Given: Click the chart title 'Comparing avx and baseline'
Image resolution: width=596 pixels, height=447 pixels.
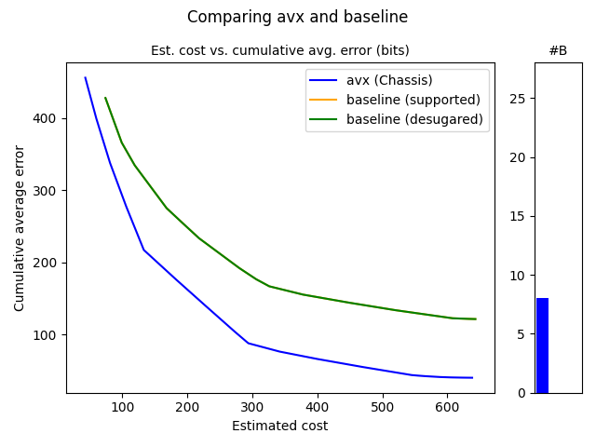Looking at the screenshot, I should [297, 17].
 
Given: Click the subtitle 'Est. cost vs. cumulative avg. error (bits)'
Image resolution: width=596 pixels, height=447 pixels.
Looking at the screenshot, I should [279, 50].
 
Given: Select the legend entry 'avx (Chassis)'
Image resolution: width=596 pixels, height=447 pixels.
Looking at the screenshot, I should [389, 80].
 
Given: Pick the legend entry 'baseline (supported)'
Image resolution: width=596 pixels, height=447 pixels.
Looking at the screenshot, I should [413, 100].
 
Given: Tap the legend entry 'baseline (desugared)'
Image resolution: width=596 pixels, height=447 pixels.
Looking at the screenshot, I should [414, 119].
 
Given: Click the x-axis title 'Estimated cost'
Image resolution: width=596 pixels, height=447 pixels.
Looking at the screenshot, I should [279, 427].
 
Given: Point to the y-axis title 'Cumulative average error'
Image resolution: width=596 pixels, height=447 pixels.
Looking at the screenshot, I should [20, 228].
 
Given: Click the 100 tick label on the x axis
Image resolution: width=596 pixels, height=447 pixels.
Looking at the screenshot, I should [122, 408].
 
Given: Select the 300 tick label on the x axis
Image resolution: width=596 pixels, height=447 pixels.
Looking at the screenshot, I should [252, 408].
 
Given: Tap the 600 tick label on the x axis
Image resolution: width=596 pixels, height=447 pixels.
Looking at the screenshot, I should [448, 408].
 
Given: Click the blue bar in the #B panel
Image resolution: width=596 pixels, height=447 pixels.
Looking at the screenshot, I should [542, 345].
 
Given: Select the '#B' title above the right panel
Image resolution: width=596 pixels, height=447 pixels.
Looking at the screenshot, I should [558, 50].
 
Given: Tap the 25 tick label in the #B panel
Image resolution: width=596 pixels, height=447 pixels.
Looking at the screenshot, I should [521, 99].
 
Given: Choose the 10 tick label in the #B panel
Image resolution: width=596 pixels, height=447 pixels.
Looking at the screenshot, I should [521, 276].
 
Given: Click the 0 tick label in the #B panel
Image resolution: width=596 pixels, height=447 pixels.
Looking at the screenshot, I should [524, 393].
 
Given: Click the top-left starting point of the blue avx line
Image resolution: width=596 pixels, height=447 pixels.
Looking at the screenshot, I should [86, 78].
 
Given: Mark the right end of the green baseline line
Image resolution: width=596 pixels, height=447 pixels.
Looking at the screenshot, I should [475, 318].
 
